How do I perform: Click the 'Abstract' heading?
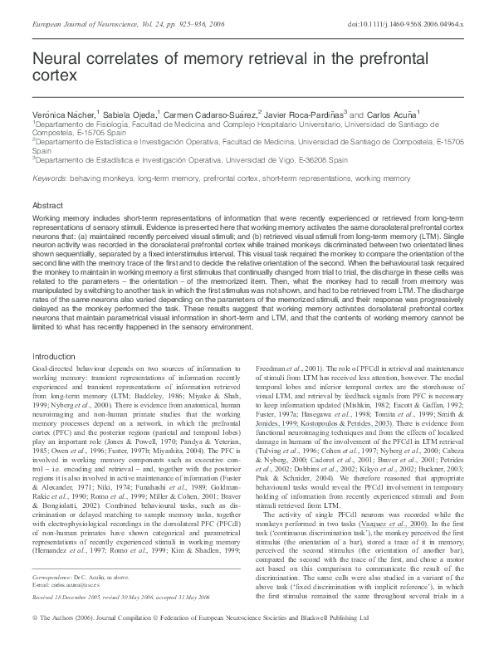click(x=47, y=204)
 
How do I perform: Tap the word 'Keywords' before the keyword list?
click(x=50, y=178)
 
